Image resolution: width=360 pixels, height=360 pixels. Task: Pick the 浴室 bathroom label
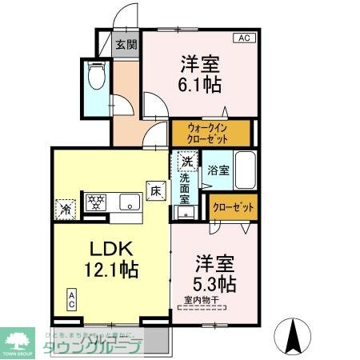[218, 170]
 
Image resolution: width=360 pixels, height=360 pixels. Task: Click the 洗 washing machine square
[186, 161]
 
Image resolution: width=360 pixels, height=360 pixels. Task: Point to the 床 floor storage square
[155, 190]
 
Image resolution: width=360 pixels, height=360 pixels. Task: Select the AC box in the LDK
[72, 301]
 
